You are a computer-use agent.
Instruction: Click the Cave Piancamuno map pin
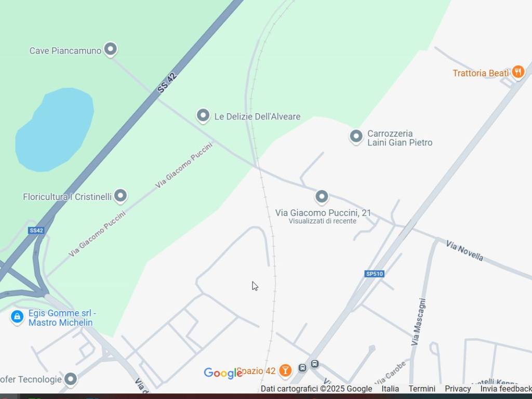[x=110, y=49]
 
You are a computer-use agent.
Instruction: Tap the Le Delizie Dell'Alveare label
[x=257, y=116]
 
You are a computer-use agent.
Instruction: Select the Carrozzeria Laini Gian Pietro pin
[x=356, y=137]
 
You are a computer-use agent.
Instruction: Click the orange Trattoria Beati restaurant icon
[x=518, y=72]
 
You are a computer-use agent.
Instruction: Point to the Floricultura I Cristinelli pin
[x=121, y=196]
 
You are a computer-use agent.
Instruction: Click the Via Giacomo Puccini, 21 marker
[x=322, y=197]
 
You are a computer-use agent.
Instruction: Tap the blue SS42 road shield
[x=36, y=230]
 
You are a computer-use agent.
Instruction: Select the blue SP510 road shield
[x=374, y=274]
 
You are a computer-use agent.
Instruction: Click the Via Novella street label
[x=464, y=250]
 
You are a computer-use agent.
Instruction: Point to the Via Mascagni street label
[x=419, y=322]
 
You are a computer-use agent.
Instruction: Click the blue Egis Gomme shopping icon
[x=17, y=316]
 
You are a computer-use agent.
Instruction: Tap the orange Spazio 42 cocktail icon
[x=285, y=370]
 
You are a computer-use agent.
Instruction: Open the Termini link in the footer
[x=422, y=389]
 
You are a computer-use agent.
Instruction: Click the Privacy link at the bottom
[x=458, y=389]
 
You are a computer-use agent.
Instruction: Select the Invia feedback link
[x=506, y=389]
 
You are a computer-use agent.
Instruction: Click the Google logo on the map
[x=223, y=373]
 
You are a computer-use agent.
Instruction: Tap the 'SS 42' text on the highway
[x=167, y=83]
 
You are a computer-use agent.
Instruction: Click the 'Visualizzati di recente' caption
[x=323, y=221]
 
